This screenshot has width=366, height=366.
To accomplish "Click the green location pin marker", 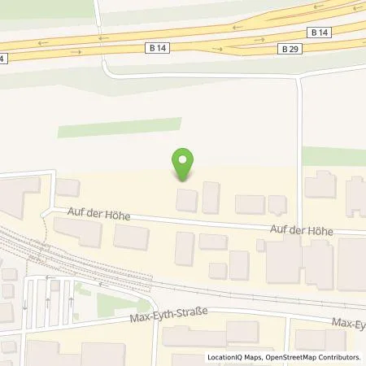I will point(183,163).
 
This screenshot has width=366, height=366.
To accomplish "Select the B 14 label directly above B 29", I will point(320,32).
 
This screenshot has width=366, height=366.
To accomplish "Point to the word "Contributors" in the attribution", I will point(342,357).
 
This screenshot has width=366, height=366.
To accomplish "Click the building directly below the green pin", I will point(187,199).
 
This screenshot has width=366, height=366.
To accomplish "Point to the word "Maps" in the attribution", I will point(251,357).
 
